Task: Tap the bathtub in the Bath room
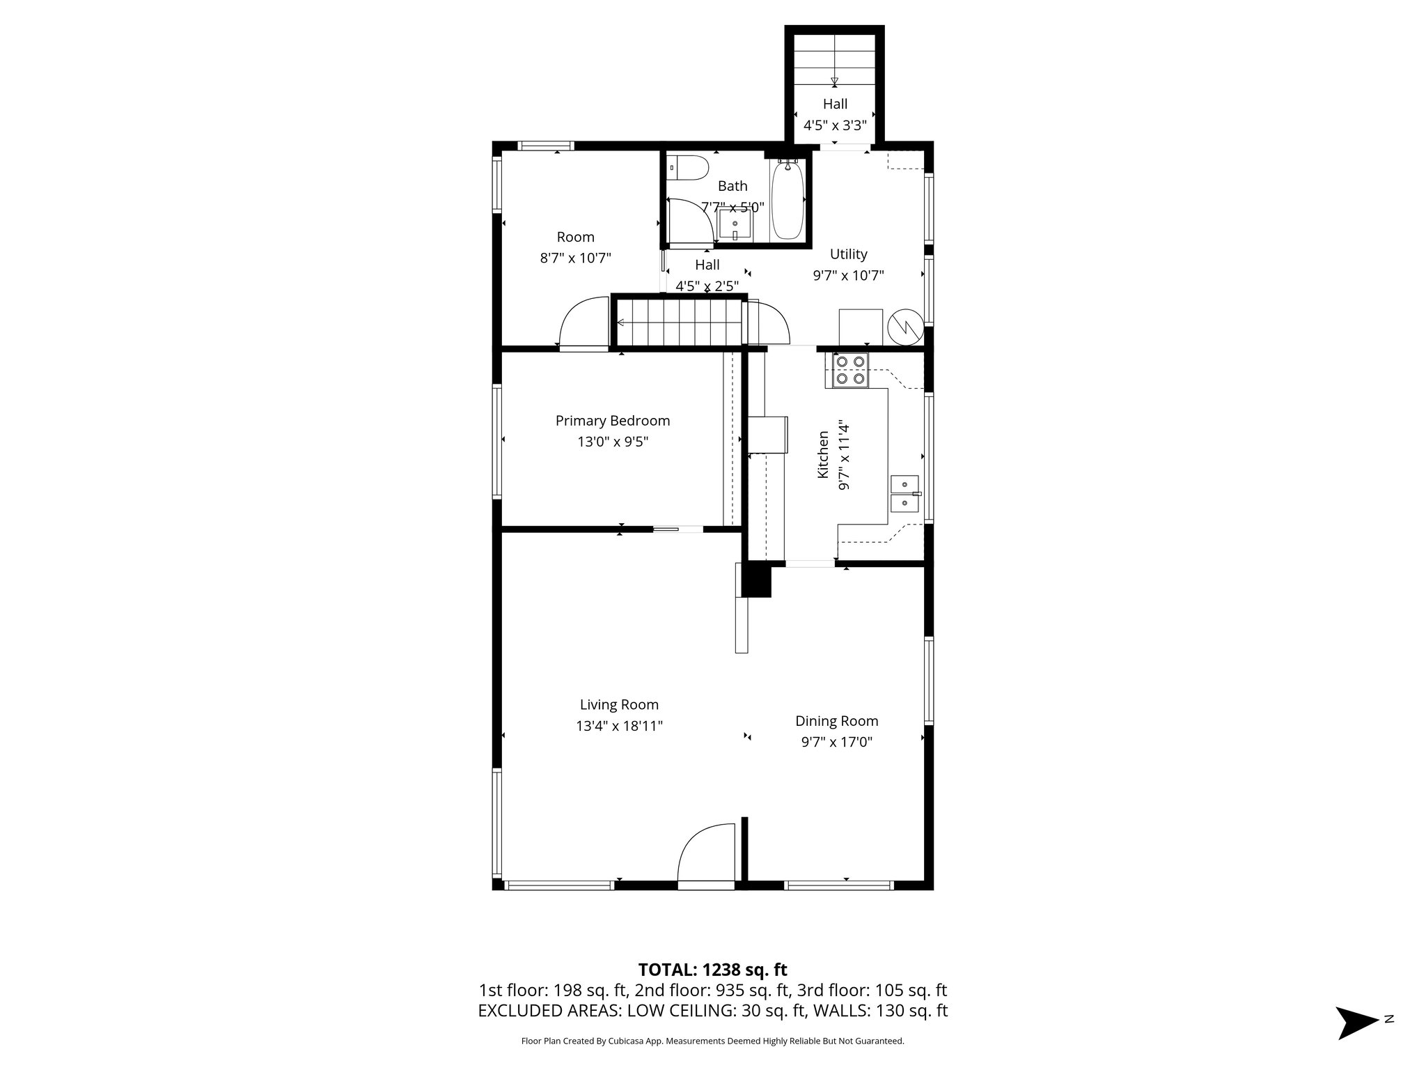click(x=788, y=200)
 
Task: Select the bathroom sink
click(x=735, y=225)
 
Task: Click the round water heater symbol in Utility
click(x=905, y=325)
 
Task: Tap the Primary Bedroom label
click(x=612, y=421)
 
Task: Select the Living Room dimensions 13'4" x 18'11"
click(x=619, y=726)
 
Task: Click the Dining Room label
click(x=836, y=721)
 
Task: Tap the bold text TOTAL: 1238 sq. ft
click(x=712, y=970)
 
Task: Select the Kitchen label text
click(x=823, y=454)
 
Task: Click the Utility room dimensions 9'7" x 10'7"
click(x=848, y=275)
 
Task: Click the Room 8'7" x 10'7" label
click(x=575, y=247)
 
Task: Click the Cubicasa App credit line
click(x=712, y=1041)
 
